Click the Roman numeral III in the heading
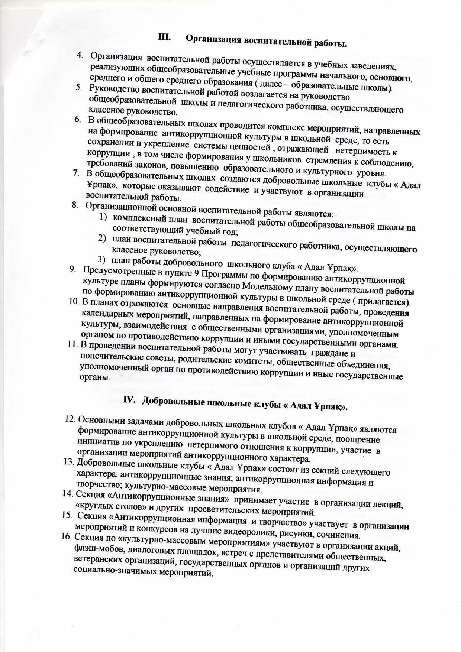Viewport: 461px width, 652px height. (164, 38)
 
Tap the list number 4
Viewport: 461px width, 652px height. (79, 55)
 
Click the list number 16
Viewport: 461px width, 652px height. (67, 536)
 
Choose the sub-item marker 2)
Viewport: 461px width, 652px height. (101, 238)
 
